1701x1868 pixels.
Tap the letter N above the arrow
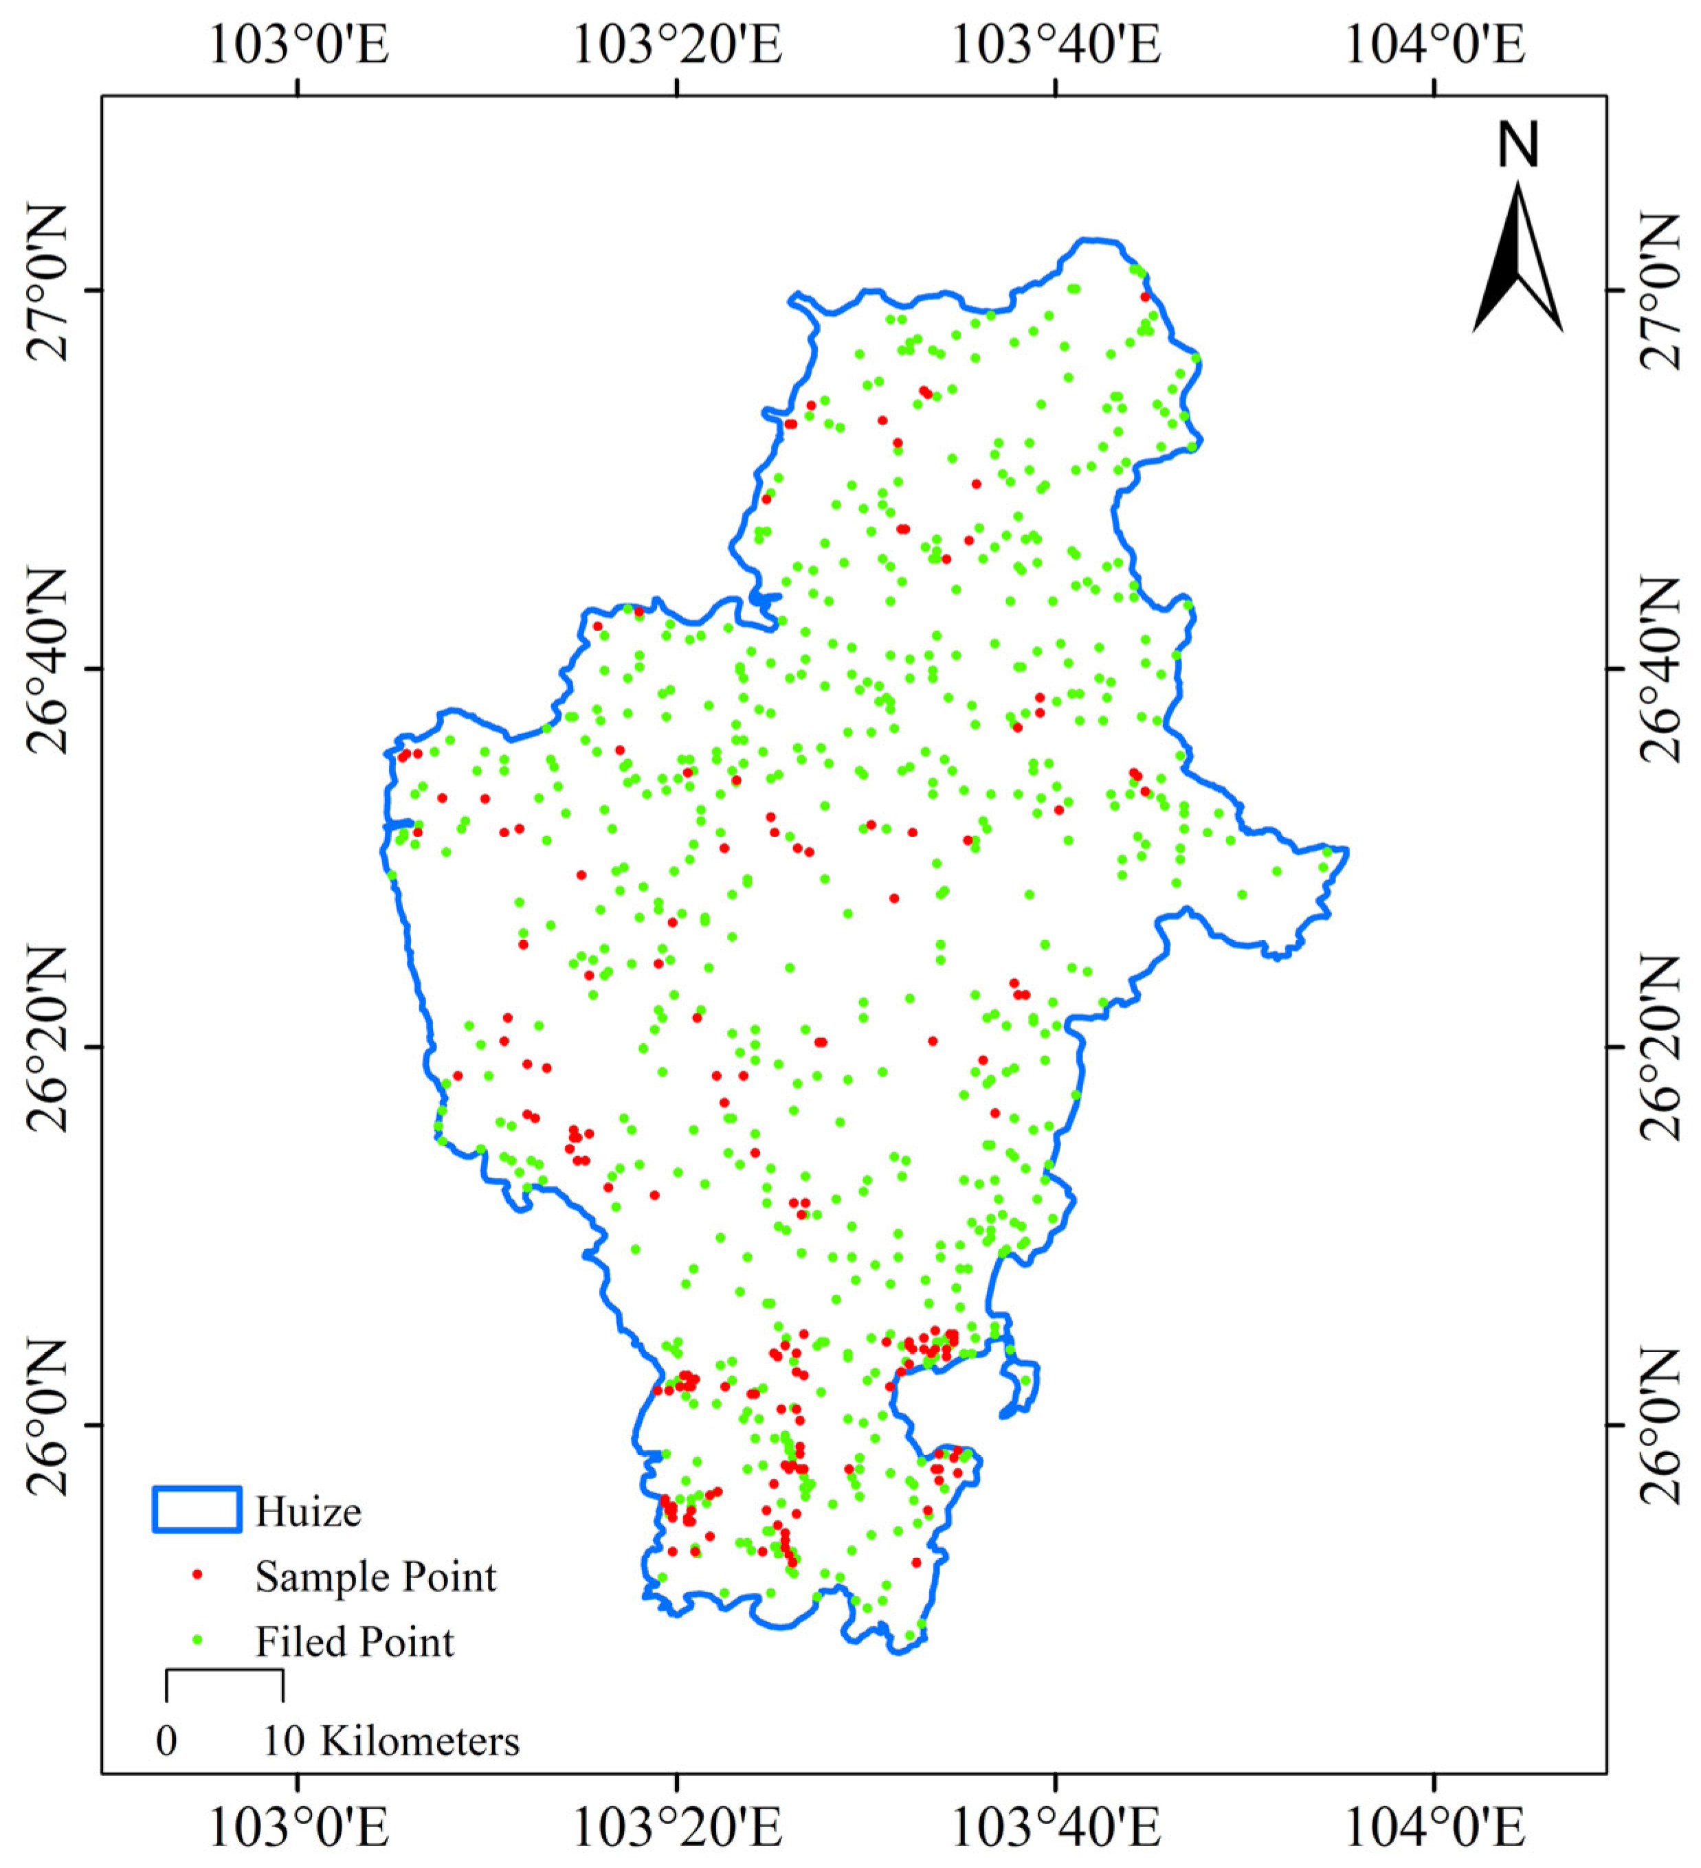pos(1518,146)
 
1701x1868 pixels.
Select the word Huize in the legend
pos(308,1512)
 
